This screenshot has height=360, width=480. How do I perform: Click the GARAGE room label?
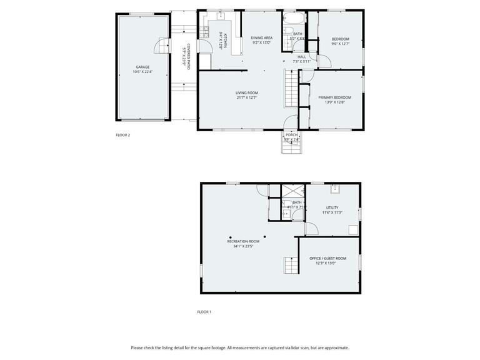click(x=142, y=67)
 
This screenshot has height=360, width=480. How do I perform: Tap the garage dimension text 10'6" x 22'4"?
click(x=142, y=72)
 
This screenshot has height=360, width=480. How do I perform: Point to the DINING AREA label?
click(x=261, y=38)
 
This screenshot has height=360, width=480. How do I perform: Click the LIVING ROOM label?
click(x=247, y=92)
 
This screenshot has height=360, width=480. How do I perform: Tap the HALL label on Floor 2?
click(x=301, y=56)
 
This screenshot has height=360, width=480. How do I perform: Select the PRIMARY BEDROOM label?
click(x=334, y=97)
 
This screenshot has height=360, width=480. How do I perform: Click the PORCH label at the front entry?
click(x=291, y=134)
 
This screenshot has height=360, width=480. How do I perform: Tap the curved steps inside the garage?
click(x=163, y=47)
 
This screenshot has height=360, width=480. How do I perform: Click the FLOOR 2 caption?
click(x=123, y=135)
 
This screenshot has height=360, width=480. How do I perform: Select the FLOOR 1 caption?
click(x=204, y=312)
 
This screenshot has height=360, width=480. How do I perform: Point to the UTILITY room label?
click(x=332, y=207)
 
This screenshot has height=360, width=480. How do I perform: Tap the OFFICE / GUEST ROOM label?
click(x=327, y=258)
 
